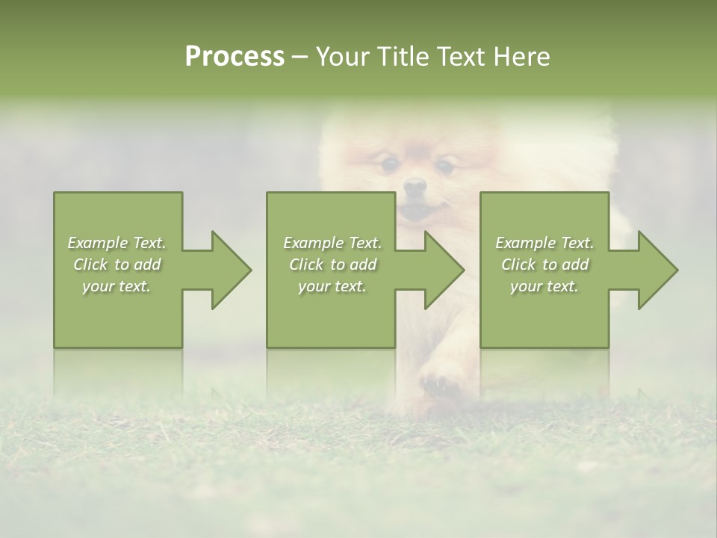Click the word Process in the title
pos(235,57)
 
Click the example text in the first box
pos(117,265)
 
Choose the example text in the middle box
pos(332,265)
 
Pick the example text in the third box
pos(544,265)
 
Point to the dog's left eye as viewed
pos(388,163)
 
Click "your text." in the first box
pos(117,286)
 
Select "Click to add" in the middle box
pos(332,265)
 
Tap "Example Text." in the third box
pos(544,243)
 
